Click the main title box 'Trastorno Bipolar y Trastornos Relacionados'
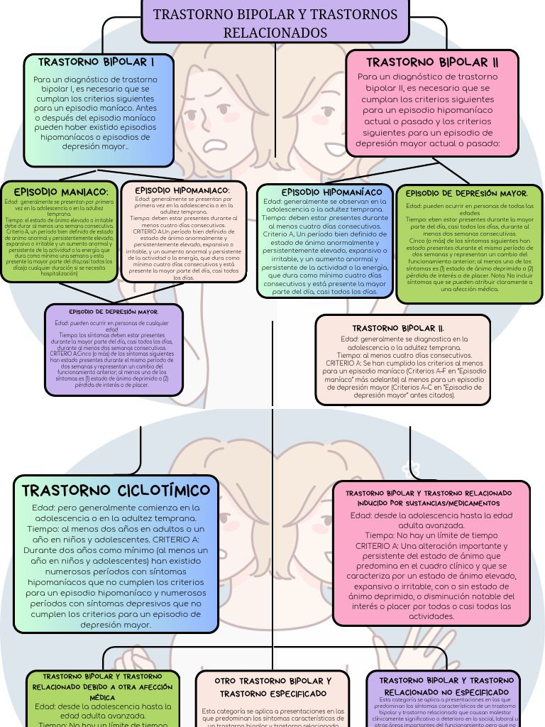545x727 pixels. coord(275,23)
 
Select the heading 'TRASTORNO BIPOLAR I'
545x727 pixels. coord(97,62)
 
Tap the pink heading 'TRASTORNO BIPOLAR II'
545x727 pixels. coord(432,62)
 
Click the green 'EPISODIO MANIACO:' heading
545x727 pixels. coord(61,192)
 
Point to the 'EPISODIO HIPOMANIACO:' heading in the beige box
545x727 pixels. coord(182,190)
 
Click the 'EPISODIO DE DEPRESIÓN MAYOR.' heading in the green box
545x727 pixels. coord(466,193)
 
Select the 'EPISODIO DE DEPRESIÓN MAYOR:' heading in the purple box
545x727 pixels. coord(114,312)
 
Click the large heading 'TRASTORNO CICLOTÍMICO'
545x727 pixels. coord(116,491)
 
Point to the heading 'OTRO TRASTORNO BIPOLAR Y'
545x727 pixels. coord(273,681)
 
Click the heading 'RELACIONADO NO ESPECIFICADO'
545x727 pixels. coord(446,692)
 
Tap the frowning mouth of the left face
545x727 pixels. coord(214,145)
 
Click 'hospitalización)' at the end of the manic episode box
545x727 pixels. coord(59,273)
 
